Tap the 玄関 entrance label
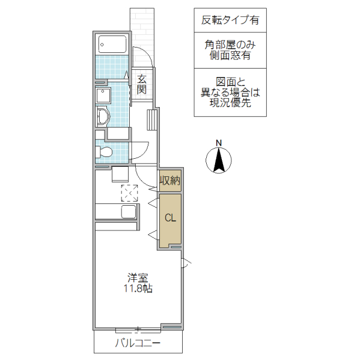[142, 84]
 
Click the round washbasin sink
[102, 116]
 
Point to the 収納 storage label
[169, 180]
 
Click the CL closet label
[170, 218]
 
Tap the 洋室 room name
[138, 278]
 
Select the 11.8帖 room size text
[138, 289]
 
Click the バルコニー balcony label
[138, 344]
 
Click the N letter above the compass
[219, 143]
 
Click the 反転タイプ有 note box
[230, 20]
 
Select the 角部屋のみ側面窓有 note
[230, 50]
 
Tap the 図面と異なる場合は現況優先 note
[230, 93]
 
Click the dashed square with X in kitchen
[129, 193]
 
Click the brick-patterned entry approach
[142, 36]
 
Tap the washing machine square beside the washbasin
[103, 96]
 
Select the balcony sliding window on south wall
[138, 330]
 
